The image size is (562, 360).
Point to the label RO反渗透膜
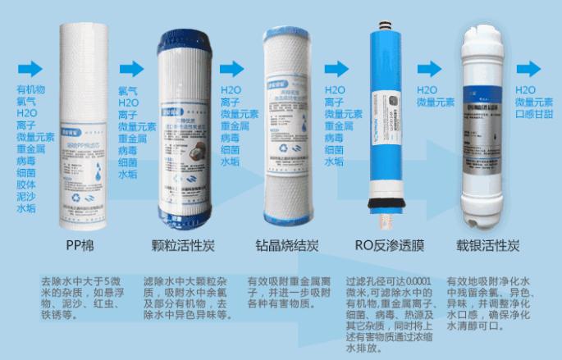coord(382,244)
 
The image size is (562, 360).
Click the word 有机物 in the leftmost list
coord(31,89)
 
